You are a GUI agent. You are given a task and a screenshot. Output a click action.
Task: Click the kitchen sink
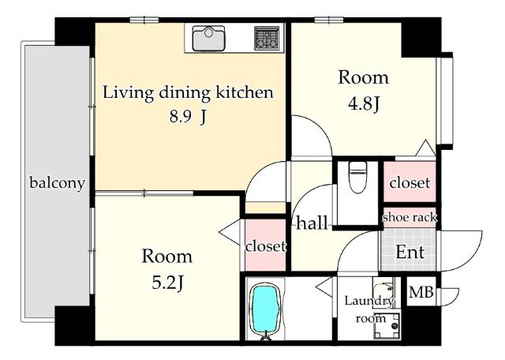pos(208,39)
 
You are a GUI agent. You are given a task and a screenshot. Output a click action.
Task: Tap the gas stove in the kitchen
pos(267,39)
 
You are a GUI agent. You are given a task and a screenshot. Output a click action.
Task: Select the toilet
pos(357,178)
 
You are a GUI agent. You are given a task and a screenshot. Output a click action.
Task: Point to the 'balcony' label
pos(58,183)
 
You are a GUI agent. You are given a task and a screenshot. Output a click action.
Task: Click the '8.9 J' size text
pos(188,117)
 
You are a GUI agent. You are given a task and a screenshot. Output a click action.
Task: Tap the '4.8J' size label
pos(364,103)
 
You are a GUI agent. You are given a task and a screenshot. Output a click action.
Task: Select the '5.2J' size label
pos(168,283)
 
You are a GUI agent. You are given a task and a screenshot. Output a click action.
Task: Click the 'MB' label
pos(421,292)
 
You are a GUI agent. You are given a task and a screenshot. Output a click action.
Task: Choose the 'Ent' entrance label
pos(410,252)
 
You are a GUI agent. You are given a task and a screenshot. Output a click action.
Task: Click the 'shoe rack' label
pos(410,218)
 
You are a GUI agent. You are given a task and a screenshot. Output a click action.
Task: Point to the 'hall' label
pos(312,223)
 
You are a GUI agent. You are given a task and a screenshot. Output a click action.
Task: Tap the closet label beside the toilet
pos(410,182)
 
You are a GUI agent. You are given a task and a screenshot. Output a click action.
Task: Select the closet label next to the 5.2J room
pos(266,246)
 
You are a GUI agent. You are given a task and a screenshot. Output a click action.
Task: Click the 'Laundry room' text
pos(370,309)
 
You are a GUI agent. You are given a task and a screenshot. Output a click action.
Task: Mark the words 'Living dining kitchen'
pos(188,92)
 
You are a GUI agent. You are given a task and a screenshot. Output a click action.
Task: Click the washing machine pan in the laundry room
pos(387,326)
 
